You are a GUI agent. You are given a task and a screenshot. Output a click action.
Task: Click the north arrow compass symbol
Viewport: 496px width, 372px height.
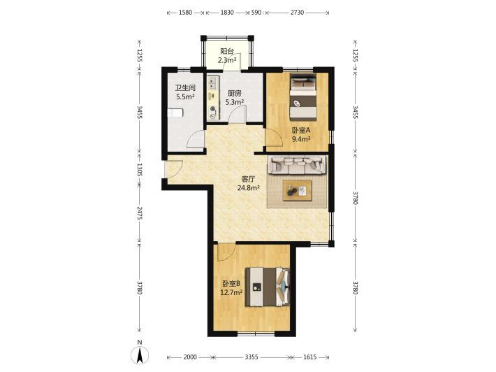[139, 354]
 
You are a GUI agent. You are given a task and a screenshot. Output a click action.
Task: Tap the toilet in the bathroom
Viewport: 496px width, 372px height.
[175, 113]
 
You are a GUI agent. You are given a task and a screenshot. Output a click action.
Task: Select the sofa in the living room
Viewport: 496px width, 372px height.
[297, 164]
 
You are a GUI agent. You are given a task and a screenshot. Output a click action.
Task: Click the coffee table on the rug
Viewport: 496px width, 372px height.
[298, 191]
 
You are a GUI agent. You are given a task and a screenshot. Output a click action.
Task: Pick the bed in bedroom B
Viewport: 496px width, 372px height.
[268, 287]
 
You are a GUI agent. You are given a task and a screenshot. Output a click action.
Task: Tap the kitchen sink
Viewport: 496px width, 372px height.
[212, 83]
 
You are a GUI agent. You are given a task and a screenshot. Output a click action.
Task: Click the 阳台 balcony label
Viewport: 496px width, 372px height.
[227, 51]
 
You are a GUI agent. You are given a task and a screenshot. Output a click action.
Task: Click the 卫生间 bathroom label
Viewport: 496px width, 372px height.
[185, 87]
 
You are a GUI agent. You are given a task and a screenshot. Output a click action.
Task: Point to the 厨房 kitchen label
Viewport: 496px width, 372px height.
[235, 94]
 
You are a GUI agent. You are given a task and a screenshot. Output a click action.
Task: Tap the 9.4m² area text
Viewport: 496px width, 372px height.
[301, 138]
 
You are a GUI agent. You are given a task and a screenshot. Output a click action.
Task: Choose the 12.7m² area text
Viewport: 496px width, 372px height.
[231, 292]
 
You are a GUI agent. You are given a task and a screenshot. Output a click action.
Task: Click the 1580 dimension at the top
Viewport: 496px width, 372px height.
[185, 13]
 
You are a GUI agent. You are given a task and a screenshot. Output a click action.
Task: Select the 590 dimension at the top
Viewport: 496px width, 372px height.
[256, 13]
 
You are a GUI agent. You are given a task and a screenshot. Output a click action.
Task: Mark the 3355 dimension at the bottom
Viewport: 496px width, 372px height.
[251, 357]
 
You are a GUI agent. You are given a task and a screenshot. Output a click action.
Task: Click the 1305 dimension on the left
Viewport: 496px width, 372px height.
[140, 170]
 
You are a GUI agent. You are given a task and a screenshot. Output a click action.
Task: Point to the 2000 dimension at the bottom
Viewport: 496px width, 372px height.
[190, 357]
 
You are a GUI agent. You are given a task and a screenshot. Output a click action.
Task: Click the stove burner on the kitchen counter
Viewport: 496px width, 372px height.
[213, 109]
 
